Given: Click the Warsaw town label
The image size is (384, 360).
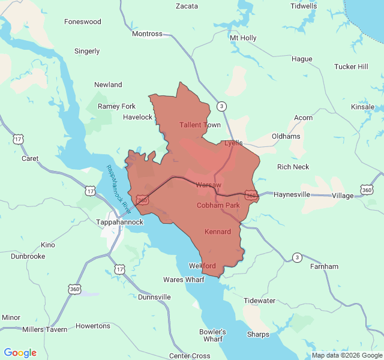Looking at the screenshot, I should pos(209,185).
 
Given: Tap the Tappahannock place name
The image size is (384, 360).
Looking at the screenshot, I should pos(120,222).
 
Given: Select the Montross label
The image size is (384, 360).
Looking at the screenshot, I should pos(147,34).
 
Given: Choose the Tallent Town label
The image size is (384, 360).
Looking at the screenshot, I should pos(200,125).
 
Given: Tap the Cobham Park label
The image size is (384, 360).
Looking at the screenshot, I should pos(218,205).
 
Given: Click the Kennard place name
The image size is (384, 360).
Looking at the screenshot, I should pos(218,232).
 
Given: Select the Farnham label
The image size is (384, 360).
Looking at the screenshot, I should pos(324,266).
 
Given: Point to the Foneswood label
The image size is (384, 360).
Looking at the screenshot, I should pos(83,22).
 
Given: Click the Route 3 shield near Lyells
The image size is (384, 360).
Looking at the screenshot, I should pos(222,106).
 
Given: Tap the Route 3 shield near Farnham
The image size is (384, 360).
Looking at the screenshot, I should pos(297,257).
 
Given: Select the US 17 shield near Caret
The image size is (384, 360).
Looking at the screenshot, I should pos(17,139).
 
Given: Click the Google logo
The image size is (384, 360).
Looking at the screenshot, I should pos(20,353).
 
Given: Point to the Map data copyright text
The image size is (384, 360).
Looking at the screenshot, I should pos(347,355).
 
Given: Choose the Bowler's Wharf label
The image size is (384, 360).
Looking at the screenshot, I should pos(213,335).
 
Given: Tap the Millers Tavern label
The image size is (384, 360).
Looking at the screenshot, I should pos(45,329).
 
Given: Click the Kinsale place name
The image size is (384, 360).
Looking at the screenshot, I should pos(363,107).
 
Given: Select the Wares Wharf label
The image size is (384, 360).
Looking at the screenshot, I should pos(184,280).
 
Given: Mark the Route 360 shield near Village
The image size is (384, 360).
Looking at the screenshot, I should pos(367,190).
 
